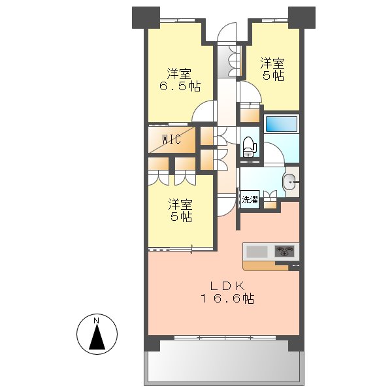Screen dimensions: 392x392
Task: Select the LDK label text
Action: click(227, 285)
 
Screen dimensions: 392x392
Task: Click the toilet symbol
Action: click(248, 147)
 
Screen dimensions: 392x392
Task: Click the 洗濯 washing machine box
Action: click(250, 200)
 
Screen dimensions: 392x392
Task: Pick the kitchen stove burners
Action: click(285, 250)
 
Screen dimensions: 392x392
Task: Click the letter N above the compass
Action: click(96, 320)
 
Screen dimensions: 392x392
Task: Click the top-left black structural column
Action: click(146, 16)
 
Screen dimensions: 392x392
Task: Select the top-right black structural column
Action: click(301, 16)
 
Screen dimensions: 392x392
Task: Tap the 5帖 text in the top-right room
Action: click(273, 76)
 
